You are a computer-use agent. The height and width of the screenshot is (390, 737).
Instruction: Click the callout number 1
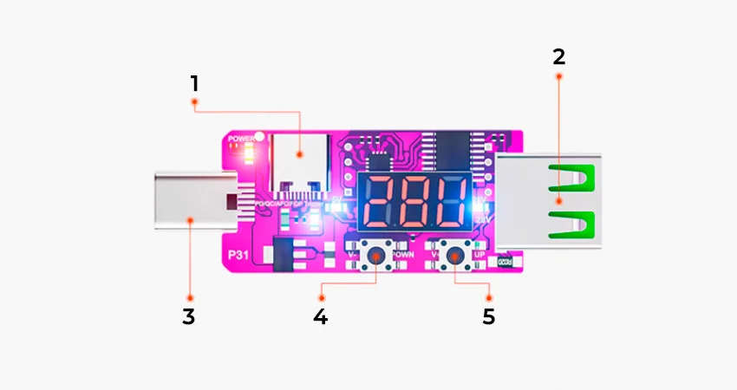click(195, 84)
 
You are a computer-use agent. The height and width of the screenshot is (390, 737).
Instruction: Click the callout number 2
click(558, 57)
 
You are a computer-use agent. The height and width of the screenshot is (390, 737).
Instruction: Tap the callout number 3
click(189, 316)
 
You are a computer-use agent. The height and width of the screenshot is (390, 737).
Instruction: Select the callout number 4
click(321, 316)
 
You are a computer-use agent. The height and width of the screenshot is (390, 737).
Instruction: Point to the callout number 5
click(489, 316)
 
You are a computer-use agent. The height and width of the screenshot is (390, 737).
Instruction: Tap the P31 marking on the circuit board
click(239, 256)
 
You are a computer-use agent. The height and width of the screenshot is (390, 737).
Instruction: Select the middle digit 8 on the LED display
click(414, 203)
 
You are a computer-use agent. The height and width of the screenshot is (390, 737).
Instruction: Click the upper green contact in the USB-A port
click(571, 179)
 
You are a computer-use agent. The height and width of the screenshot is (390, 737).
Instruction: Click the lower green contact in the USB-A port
click(571, 224)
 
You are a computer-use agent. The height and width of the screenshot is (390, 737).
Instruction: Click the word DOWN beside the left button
click(402, 256)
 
